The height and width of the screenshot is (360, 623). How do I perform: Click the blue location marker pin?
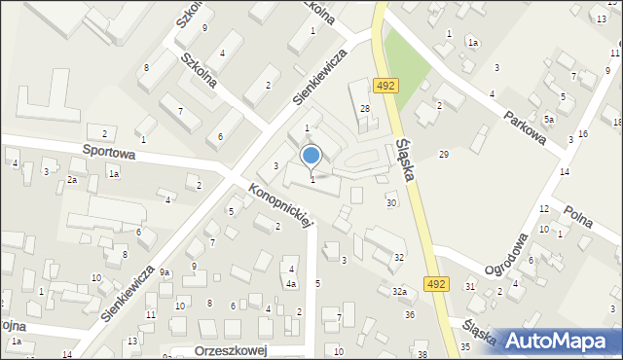[311, 156]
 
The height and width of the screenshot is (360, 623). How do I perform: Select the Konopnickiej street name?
[283, 204]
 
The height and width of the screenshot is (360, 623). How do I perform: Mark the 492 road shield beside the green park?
[385, 86]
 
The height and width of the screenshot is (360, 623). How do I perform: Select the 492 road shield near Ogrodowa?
[436, 283]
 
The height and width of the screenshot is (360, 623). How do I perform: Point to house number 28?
[365, 109]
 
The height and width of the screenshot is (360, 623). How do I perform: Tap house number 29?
[443, 155]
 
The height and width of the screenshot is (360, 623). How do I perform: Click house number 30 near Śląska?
[391, 202]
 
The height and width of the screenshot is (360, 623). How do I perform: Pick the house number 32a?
[399, 292]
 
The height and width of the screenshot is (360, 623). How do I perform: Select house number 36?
[410, 314]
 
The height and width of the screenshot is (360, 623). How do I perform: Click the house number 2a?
[72, 181]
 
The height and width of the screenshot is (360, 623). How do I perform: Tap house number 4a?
[291, 284]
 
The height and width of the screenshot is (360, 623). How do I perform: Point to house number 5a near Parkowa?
[549, 119]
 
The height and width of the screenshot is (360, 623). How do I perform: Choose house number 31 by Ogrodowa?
[470, 285]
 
